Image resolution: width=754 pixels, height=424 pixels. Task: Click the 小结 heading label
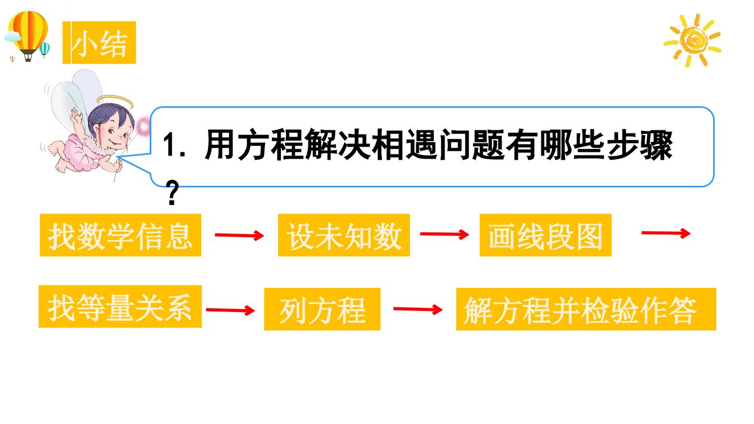click(x=99, y=42)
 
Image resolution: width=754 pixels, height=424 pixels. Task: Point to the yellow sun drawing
click(x=692, y=40)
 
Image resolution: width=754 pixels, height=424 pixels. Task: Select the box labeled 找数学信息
click(x=120, y=235)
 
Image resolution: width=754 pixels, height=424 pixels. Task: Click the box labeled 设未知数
click(x=343, y=235)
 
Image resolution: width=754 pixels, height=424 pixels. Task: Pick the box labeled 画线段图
click(x=545, y=235)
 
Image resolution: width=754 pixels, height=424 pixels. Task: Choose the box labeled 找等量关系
click(x=120, y=307)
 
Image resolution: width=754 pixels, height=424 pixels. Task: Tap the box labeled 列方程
click(x=322, y=309)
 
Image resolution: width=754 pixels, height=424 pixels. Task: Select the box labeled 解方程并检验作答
click(x=586, y=309)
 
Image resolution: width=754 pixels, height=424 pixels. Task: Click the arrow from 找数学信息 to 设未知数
click(x=239, y=235)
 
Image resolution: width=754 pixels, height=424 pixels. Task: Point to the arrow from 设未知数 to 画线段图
click(x=445, y=234)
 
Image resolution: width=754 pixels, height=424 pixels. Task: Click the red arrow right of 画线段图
click(x=666, y=233)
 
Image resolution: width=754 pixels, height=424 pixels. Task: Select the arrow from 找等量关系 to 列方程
click(x=230, y=310)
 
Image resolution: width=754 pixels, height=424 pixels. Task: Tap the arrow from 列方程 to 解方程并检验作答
click(x=418, y=309)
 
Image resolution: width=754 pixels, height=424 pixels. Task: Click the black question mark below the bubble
click(x=172, y=193)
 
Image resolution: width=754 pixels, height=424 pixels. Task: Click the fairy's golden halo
click(x=115, y=101)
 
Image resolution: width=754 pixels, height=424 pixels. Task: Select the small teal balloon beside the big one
click(x=44, y=49)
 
